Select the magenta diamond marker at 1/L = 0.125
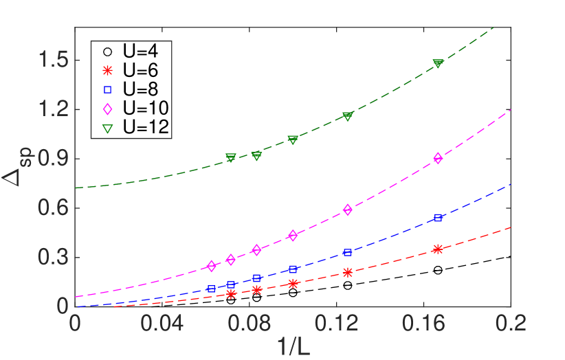pyautogui.click(x=347, y=210)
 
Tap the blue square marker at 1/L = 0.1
pyautogui.click(x=293, y=269)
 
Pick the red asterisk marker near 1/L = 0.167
pyautogui.click(x=438, y=249)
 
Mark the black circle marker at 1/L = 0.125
pyautogui.click(x=347, y=285)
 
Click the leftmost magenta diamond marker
pyautogui.click(x=211, y=266)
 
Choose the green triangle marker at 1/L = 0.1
pyautogui.click(x=293, y=139)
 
